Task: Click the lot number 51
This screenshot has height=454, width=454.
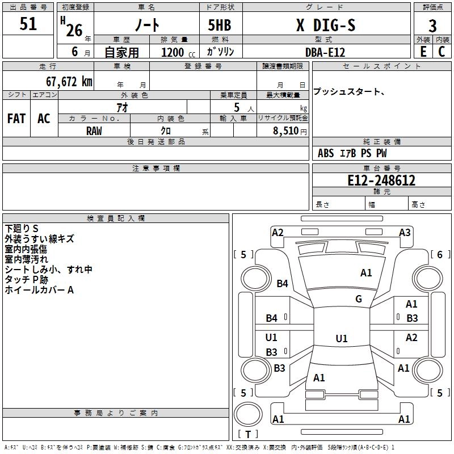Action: [28, 24]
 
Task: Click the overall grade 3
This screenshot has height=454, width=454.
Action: [432, 26]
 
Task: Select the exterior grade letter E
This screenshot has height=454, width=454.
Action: [423, 52]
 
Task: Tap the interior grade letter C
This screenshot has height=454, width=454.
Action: [442, 52]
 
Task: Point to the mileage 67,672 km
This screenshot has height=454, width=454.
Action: [69, 82]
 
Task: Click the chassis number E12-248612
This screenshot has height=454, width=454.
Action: [381, 180]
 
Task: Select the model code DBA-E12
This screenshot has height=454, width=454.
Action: [325, 52]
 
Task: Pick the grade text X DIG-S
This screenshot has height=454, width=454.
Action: [326, 25]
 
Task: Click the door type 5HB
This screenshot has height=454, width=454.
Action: [220, 25]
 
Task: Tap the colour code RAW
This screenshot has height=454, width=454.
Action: [94, 131]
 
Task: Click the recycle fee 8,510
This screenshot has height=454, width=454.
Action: [286, 131]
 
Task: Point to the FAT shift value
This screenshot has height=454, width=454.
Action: [16, 119]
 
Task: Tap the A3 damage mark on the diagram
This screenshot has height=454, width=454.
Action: [405, 233]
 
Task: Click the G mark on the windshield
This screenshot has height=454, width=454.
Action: [359, 299]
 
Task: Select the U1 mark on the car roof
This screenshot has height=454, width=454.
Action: [342, 338]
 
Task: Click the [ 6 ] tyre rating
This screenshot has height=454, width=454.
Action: [440, 254]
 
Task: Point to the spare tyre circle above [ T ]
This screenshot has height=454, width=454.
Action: [248, 414]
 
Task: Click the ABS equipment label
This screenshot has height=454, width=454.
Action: [326, 153]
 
